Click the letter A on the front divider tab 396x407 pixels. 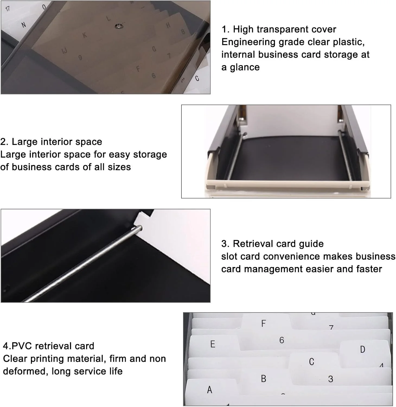[209, 390]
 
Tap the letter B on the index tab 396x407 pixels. [263, 379]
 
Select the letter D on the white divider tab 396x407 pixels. [362, 349]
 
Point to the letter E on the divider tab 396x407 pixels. [213, 344]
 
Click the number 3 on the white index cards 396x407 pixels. [330, 379]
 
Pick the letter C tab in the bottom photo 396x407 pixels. [311, 362]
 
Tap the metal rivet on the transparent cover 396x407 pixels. [119, 26]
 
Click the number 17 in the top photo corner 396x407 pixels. [8, 9]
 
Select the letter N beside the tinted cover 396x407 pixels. [24, 25]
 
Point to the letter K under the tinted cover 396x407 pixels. [85, 35]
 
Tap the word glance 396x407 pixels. [245, 67]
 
